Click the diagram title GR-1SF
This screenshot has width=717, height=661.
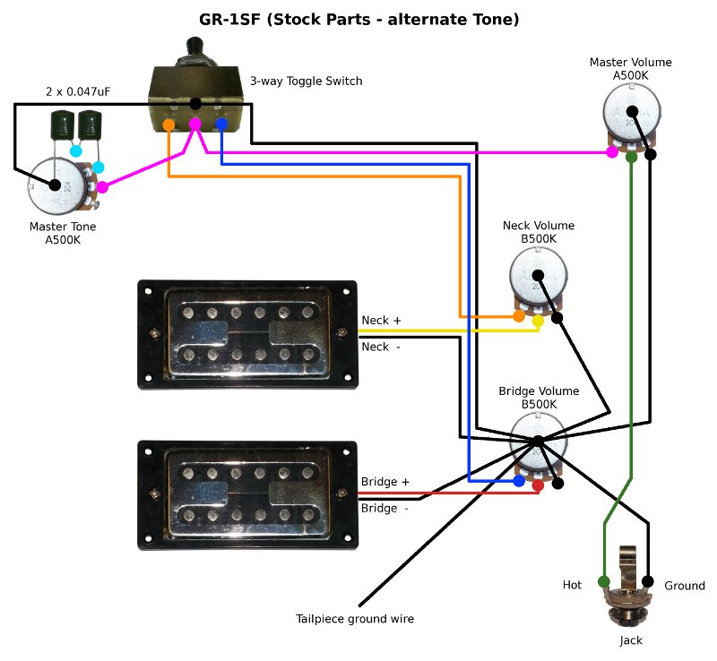pos(358,19)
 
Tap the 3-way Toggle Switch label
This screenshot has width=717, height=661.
pos(306,82)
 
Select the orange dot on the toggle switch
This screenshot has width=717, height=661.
pos(169,125)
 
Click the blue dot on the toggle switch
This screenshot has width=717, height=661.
pos(220,124)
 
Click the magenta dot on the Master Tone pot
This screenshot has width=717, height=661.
pos(102,187)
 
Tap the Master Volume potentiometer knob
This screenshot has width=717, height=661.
pos(632,113)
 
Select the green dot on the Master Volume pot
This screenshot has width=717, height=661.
pos(631,157)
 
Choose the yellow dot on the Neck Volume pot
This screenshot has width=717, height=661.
pos(538,320)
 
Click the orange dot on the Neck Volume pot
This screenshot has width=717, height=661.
pos(519,317)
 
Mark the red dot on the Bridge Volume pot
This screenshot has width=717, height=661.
pos(538,485)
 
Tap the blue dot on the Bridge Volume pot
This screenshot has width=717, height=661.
pos(519,481)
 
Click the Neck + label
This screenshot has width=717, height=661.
pos(382,320)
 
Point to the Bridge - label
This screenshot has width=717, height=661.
pos(384,508)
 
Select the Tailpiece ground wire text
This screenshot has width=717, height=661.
pos(355,619)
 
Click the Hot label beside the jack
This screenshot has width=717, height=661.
pos(572,585)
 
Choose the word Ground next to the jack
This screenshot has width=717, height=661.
pos(685,586)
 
